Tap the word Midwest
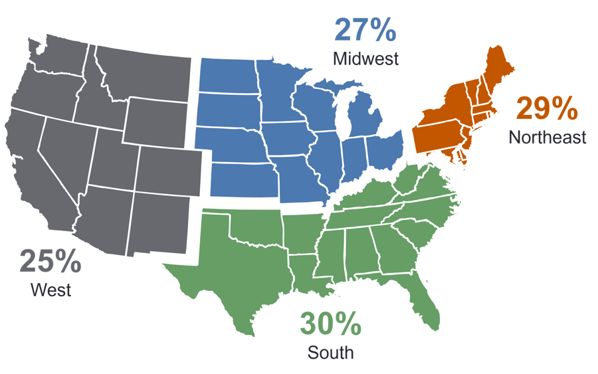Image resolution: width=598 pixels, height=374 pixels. pos(366,58)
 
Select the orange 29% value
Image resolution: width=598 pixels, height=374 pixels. pos(547,108)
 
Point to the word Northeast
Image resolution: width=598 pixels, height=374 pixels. pos(548,138)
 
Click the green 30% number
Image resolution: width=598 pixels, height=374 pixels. pos(330,324)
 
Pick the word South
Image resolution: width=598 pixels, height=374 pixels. pos(330,352)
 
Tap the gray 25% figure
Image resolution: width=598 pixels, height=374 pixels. pos(50,261)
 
